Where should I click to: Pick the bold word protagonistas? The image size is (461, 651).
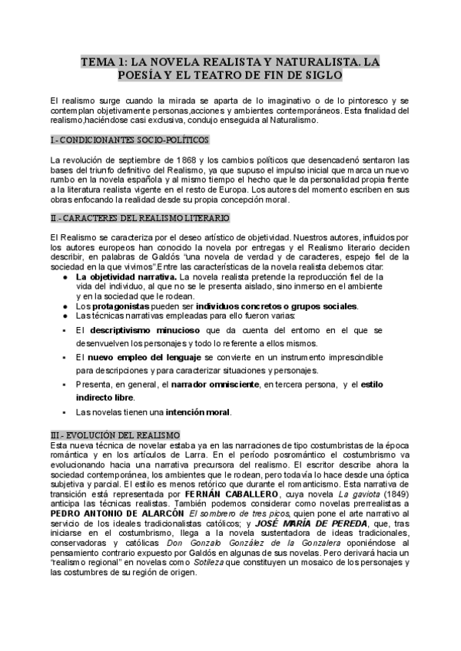coord(128,306)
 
